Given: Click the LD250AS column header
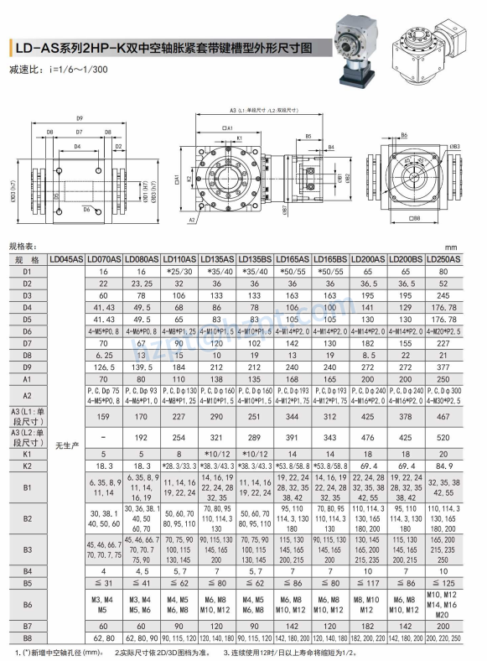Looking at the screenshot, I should coord(444,260).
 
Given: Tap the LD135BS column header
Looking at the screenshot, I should coord(256,260).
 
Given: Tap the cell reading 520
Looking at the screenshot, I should coord(444,437).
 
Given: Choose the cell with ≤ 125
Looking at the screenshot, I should coord(444,581).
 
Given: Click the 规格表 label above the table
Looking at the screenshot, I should coord(23,247).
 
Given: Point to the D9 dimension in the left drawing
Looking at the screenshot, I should coord(80,117).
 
